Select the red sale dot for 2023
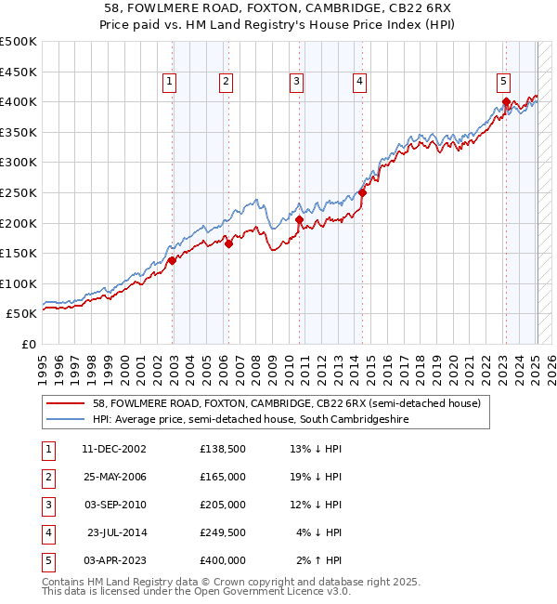coord(506,101)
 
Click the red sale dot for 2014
coord(363,193)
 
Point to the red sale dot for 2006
coord(228,244)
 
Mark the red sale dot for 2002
coord(172,261)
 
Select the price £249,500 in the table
coord(223,532)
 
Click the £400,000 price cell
coord(223,560)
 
